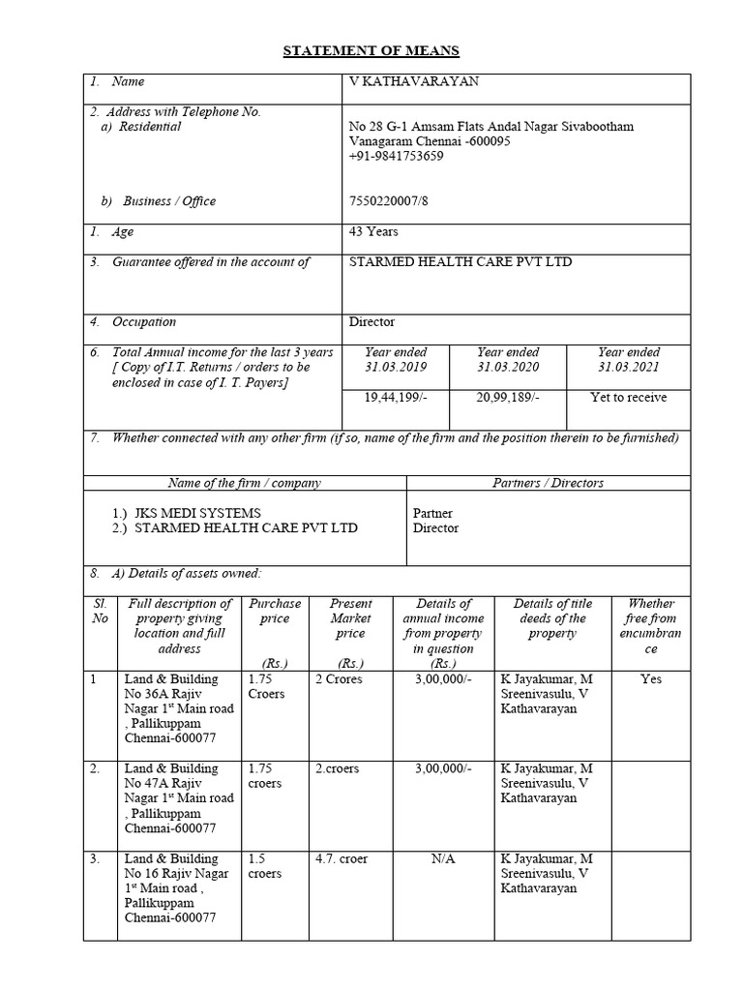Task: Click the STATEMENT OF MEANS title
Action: point(371,51)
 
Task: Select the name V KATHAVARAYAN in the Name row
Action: point(413,82)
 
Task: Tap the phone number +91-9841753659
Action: point(397,156)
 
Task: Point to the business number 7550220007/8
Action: point(391,201)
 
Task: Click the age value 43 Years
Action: point(373,232)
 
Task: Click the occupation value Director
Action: point(371,322)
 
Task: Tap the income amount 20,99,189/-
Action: point(508,398)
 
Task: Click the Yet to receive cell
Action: point(628,398)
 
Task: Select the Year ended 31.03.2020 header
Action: point(508,360)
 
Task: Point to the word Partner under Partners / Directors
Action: point(432,513)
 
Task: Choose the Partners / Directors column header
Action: point(549,483)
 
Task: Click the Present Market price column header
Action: point(350,618)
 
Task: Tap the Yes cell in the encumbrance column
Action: point(651,679)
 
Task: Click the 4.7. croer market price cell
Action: point(342,858)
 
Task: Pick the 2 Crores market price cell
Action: point(339,679)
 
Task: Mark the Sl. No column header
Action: point(100,611)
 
